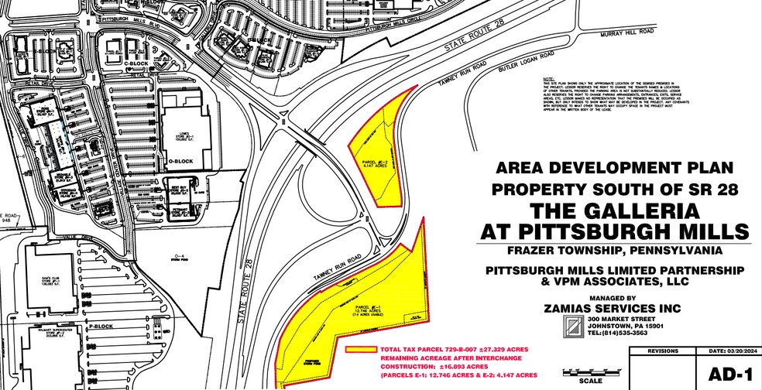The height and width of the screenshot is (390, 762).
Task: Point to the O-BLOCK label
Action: [x=180, y=161]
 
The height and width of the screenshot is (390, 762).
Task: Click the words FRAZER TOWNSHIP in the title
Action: [x=558, y=251]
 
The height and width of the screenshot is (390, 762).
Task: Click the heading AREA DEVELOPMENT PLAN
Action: [x=613, y=167]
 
